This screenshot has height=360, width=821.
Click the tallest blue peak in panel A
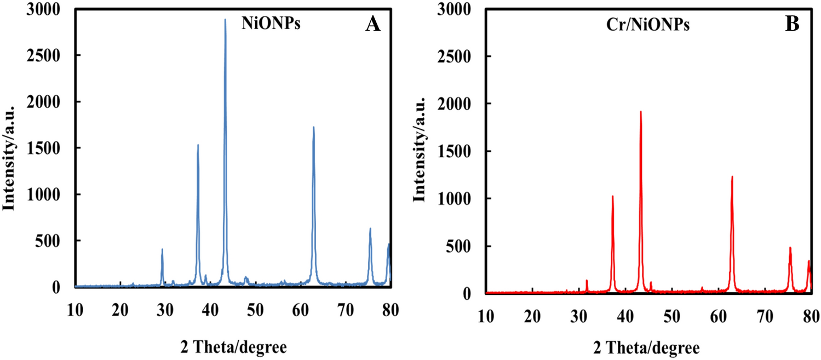click(x=225, y=21)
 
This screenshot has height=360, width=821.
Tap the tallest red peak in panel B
click(x=640, y=112)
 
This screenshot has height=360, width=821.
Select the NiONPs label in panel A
click(x=271, y=24)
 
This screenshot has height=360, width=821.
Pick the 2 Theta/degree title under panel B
click(x=647, y=347)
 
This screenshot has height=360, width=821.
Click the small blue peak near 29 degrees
click(x=162, y=250)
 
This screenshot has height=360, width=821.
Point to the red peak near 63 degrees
click(x=732, y=177)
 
